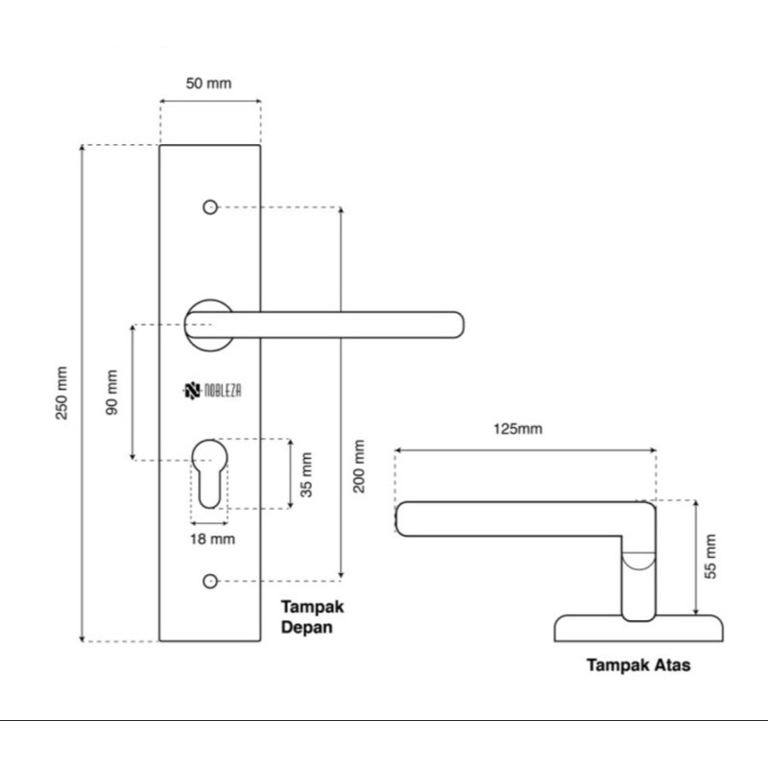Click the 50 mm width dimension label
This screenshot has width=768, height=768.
pyautogui.click(x=208, y=84)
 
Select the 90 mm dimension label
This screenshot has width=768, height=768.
pyautogui.click(x=112, y=392)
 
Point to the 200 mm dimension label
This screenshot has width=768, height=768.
pyautogui.click(x=359, y=466)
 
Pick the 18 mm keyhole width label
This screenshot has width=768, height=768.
pyautogui.click(x=211, y=539)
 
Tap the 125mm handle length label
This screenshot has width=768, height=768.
pyautogui.click(x=517, y=428)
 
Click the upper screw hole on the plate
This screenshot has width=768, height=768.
pyautogui.click(x=209, y=206)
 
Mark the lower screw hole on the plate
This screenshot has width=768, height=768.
pyautogui.click(x=209, y=580)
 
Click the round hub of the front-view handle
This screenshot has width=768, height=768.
pyautogui.click(x=206, y=324)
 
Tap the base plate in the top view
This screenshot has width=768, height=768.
pyautogui.click(x=638, y=630)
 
